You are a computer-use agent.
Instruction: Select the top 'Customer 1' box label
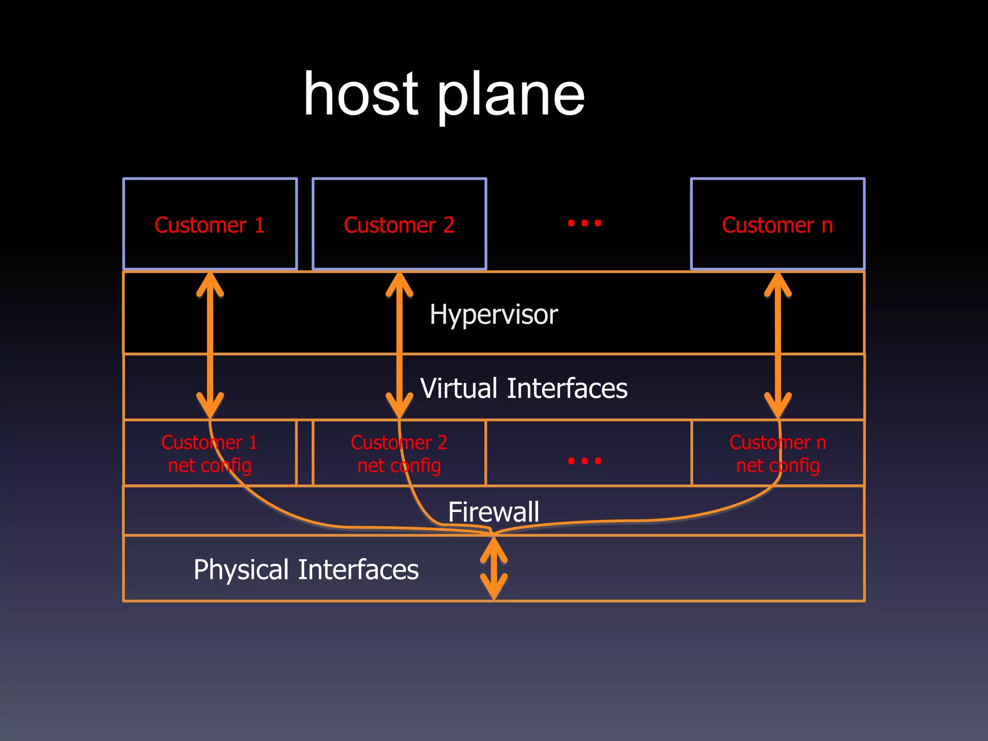(x=210, y=225)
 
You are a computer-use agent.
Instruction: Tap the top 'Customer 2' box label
(x=399, y=225)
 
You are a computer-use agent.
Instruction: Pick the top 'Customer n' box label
(x=777, y=225)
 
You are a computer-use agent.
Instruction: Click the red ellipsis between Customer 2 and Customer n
(x=584, y=223)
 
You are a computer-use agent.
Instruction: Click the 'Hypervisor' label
(x=494, y=315)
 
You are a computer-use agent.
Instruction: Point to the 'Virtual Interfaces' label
(x=523, y=388)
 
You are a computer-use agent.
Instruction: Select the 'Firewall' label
(x=494, y=512)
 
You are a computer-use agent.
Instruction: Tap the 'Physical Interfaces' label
(x=306, y=570)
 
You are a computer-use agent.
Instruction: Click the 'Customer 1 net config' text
(x=210, y=454)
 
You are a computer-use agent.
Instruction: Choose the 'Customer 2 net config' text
(x=399, y=454)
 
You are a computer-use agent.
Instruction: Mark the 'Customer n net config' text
(x=777, y=454)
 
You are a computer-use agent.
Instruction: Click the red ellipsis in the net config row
(x=584, y=461)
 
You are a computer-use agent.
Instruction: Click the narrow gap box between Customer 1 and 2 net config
(x=304, y=453)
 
